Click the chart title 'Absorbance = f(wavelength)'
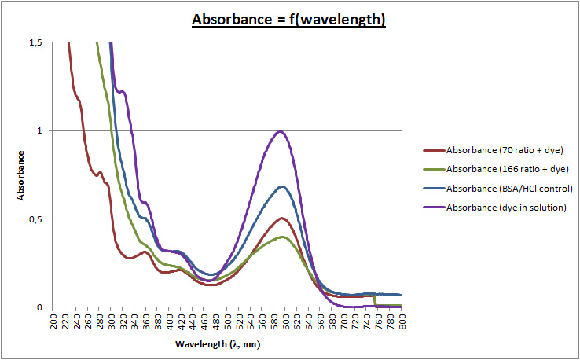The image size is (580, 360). click(289, 19)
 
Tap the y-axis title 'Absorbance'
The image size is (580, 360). click(23, 174)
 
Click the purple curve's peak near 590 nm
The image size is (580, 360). click(280, 131)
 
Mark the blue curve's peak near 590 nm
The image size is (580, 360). click(281, 186)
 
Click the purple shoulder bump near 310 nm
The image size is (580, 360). click(122, 92)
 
